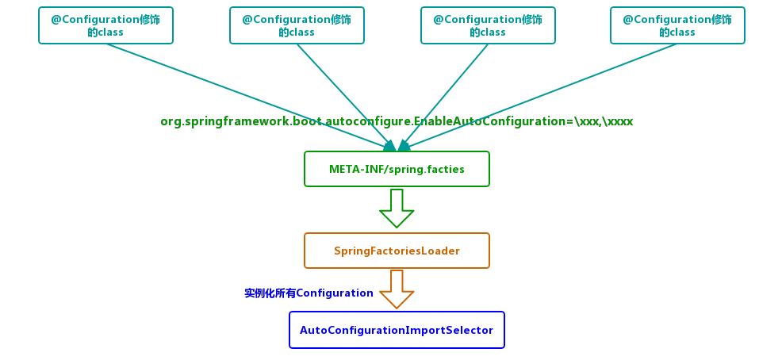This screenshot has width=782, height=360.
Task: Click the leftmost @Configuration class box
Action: point(105,25)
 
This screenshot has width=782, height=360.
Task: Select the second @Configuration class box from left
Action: point(297,25)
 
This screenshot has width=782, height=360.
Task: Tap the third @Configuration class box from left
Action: point(488,25)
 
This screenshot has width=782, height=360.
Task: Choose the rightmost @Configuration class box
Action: point(677,25)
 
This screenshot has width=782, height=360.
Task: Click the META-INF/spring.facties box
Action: point(397,169)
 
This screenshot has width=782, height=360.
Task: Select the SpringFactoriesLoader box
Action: point(397,251)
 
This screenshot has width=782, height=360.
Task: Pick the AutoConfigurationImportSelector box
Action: point(397,330)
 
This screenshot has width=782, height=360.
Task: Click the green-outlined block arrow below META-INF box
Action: point(397,208)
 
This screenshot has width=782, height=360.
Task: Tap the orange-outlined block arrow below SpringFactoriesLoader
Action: point(397,289)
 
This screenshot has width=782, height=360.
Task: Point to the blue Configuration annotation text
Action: point(309,293)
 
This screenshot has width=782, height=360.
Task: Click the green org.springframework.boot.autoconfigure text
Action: point(286,121)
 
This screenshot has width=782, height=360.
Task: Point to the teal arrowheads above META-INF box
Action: point(397,145)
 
